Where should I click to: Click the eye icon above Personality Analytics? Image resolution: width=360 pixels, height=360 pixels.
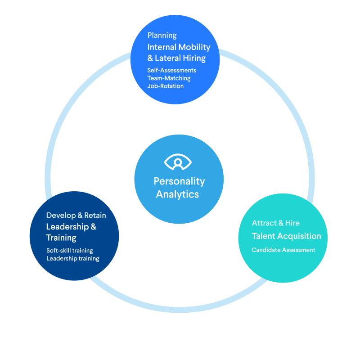pos(178,162)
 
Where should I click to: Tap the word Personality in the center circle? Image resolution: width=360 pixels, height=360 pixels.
pos(179,182)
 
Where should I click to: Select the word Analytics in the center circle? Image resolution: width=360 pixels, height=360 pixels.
pos(177,194)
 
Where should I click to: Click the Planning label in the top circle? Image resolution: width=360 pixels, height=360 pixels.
pos(162,36)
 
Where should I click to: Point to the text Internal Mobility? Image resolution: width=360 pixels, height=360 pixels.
pos(179,47)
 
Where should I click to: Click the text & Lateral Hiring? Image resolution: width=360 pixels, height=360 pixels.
pos(176,58)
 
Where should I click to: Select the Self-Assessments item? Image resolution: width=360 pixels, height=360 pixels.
pos(172,70)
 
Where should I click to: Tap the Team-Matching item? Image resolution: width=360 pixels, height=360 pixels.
pos(169,78)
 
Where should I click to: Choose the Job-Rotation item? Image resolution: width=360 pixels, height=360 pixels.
pos(166,86)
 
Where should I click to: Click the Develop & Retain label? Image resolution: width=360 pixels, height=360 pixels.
pos(76,216)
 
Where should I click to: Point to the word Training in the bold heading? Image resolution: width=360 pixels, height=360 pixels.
pos(61,238)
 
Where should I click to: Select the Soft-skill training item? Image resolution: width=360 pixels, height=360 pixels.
pos(70,251)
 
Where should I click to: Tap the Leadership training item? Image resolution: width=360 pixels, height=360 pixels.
pos(73,258)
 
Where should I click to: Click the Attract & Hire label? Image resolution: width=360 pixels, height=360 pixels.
pos(276,223)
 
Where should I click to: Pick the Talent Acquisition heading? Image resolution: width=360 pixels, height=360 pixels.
pos(287,236)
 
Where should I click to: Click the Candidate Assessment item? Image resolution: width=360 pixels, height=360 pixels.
pos(283,250)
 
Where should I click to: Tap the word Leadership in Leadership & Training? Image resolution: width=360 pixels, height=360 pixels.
pos(67,227)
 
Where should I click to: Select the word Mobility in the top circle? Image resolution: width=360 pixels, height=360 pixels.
pos(194,47)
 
